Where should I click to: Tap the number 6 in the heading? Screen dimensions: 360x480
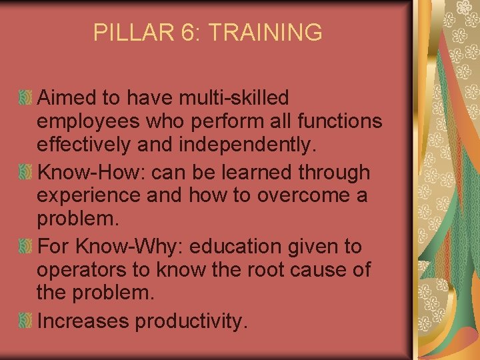point(184,32)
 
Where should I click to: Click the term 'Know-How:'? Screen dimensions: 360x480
point(92,173)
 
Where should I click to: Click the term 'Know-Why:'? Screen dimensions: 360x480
point(133,247)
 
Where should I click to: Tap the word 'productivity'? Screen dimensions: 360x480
point(191,321)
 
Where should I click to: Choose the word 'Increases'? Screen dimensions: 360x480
point(83,321)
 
